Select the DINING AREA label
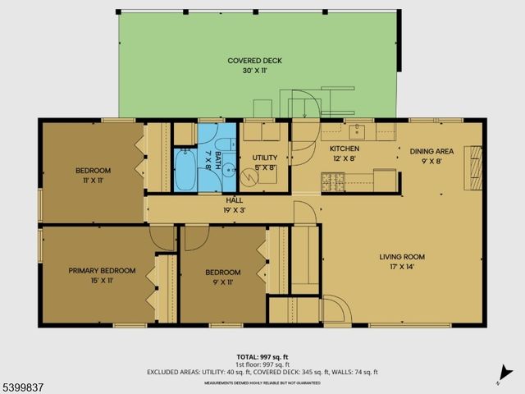tap(431, 151)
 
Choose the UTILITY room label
tap(265, 158)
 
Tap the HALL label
tap(235, 200)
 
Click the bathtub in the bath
tap(185, 169)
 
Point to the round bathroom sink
tap(229, 172)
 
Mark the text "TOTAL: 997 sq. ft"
tap(259, 355)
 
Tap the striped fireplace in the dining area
tap(474, 162)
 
